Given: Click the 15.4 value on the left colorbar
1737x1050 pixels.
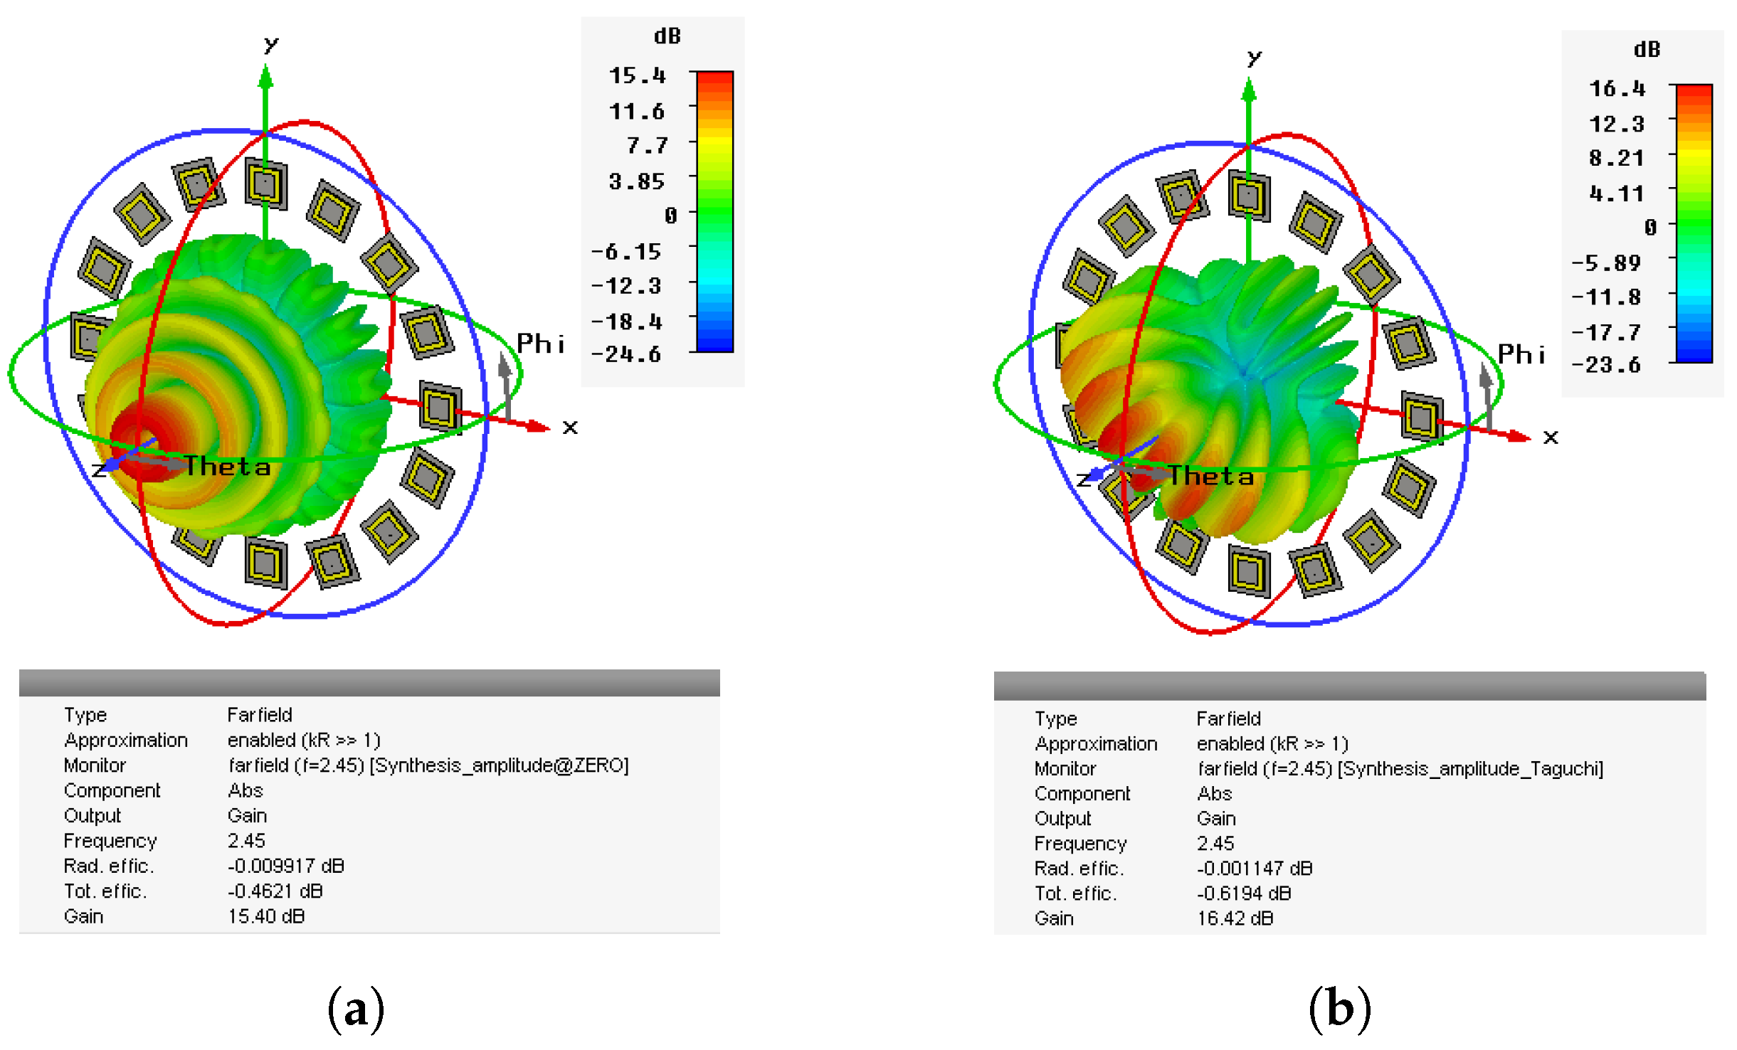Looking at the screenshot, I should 637,75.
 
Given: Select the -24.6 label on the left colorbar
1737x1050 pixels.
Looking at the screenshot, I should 626,354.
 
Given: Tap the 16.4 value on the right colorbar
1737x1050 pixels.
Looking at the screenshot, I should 1617,89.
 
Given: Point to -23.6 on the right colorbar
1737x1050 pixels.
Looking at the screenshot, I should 1606,366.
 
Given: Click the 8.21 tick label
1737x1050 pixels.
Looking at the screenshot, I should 1616,158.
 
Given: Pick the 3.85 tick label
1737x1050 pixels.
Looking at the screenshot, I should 636,181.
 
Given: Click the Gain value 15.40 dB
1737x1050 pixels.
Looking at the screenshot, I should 266,916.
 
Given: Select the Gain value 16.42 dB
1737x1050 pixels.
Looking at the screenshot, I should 1235,918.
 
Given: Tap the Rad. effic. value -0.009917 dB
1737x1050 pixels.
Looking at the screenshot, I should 286,866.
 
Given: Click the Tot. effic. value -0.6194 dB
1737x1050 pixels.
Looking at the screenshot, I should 1244,893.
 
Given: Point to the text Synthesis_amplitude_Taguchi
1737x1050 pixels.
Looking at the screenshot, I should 1471,769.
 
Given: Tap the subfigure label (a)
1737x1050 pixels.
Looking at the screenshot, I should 356,1009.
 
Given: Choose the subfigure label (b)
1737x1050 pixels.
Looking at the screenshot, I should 1339,1009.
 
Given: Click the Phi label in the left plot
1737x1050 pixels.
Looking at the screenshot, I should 540,344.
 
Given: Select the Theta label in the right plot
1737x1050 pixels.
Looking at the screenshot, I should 1211,476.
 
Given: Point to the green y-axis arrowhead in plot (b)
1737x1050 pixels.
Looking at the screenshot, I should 1249,89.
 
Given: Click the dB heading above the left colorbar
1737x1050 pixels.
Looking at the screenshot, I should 667,36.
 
